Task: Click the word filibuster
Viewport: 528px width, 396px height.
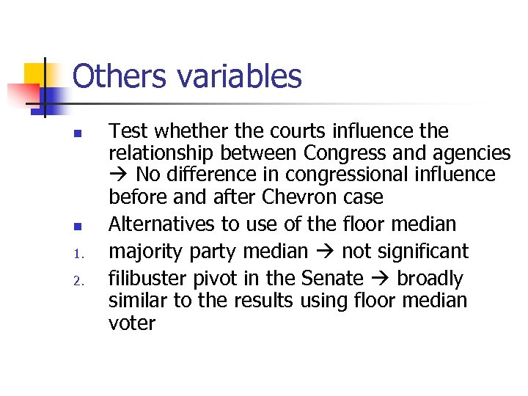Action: (x=142, y=278)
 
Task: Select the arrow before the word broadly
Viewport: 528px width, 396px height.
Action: (x=380, y=279)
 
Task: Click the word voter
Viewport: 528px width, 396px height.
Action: (x=132, y=323)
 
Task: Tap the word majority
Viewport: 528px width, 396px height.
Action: (x=142, y=252)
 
